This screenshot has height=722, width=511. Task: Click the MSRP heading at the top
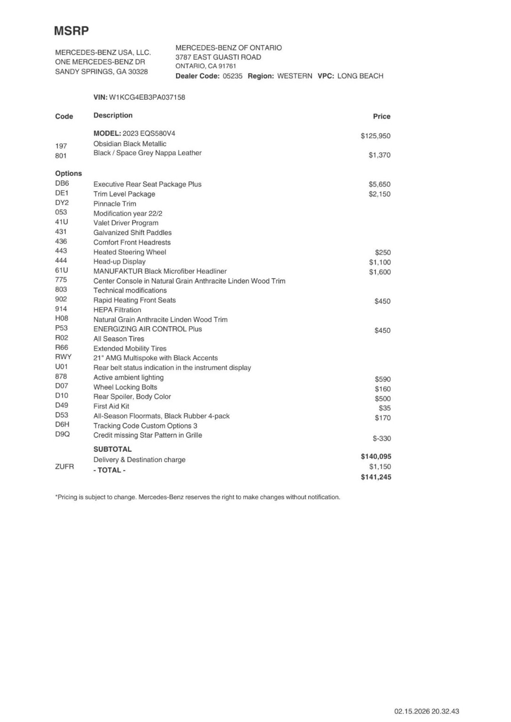tap(71, 31)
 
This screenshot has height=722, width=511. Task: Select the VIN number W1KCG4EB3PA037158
tap(147, 97)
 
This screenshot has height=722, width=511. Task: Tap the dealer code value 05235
tap(232, 76)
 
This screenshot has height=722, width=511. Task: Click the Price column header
tap(381, 117)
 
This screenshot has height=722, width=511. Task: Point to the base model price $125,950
tap(375, 136)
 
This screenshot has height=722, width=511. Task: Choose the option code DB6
tap(62, 184)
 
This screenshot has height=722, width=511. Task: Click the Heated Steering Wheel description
tap(130, 252)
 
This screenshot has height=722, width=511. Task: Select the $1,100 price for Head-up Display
tap(380, 262)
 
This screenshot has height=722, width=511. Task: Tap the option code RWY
tap(63, 357)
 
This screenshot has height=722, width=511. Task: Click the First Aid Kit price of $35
tap(385, 408)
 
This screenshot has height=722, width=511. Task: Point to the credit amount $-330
tap(382, 439)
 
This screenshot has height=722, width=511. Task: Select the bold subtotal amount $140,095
tap(376, 456)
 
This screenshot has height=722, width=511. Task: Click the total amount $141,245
tap(376, 477)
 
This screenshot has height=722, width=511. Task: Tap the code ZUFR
tap(65, 467)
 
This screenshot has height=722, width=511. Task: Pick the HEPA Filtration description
tap(117, 310)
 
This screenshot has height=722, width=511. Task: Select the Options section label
tap(68, 174)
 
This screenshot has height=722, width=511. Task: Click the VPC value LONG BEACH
tap(360, 76)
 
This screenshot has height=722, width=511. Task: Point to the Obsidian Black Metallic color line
tap(130, 144)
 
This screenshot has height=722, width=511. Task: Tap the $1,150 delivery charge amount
tap(380, 467)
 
